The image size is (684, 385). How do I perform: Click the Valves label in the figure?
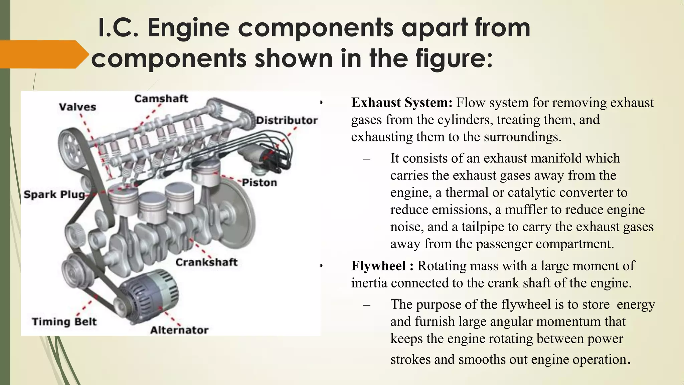77,107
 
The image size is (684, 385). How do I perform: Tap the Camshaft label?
161,99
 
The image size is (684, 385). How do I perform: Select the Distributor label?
287,121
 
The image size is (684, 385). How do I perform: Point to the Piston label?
260,183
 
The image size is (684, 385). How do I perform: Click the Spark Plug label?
54,195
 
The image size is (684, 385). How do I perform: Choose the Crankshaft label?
206,262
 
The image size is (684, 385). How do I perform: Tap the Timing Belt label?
64,322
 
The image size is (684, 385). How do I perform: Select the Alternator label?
179,331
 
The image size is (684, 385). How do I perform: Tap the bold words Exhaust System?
402,103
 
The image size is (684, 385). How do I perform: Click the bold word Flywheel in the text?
378,266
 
